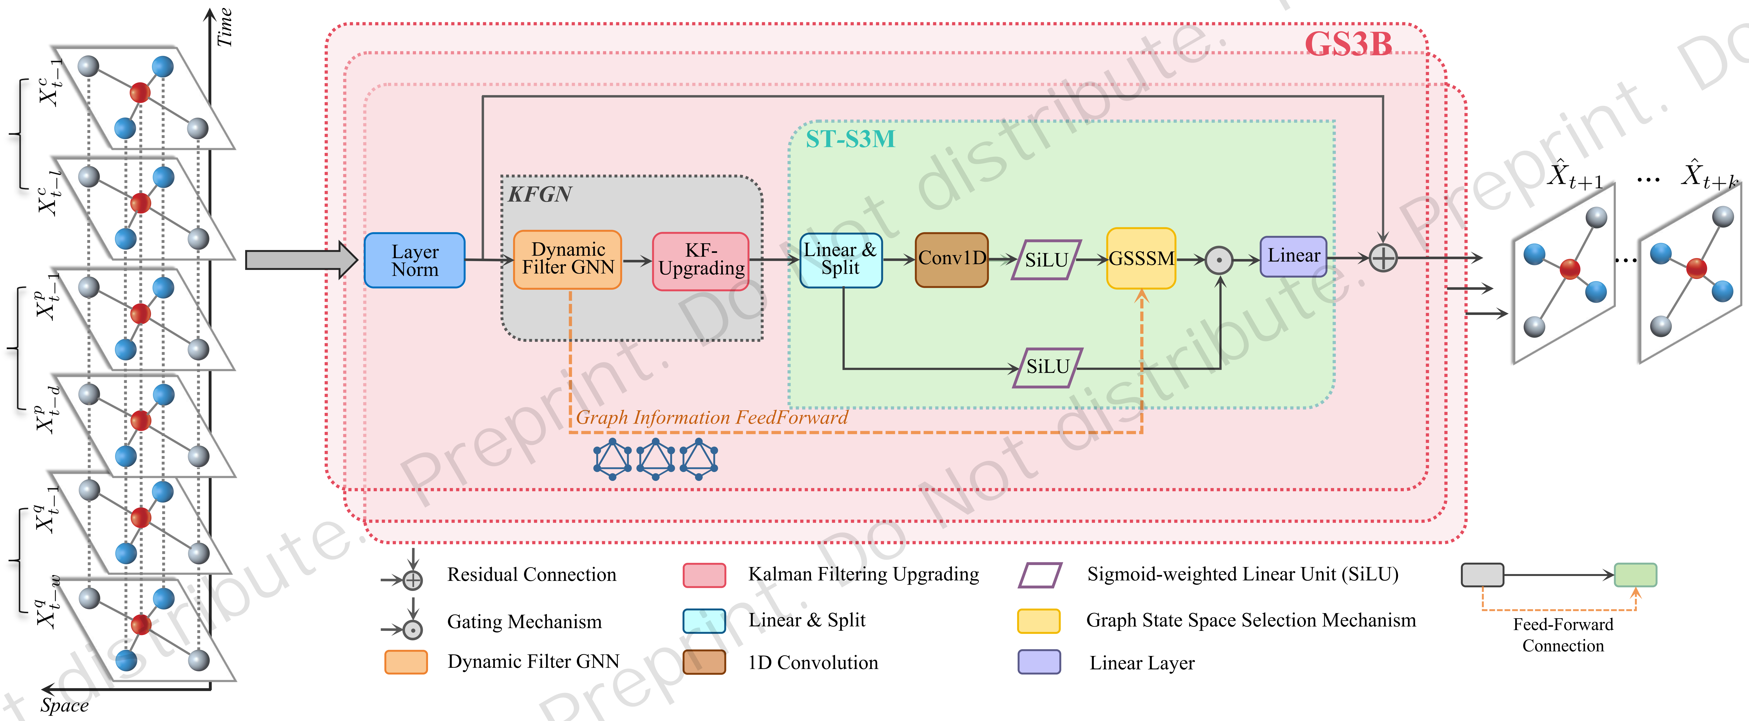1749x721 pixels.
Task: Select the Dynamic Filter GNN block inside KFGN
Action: [x=568, y=259]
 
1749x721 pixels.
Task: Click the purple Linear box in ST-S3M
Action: [x=1293, y=256]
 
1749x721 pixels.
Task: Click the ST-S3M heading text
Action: [x=850, y=139]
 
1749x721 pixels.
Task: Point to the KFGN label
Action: [x=540, y=195]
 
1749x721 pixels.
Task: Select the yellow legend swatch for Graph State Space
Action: [x=1038, y=620]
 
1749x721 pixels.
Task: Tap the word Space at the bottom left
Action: [x=64, y=705]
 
